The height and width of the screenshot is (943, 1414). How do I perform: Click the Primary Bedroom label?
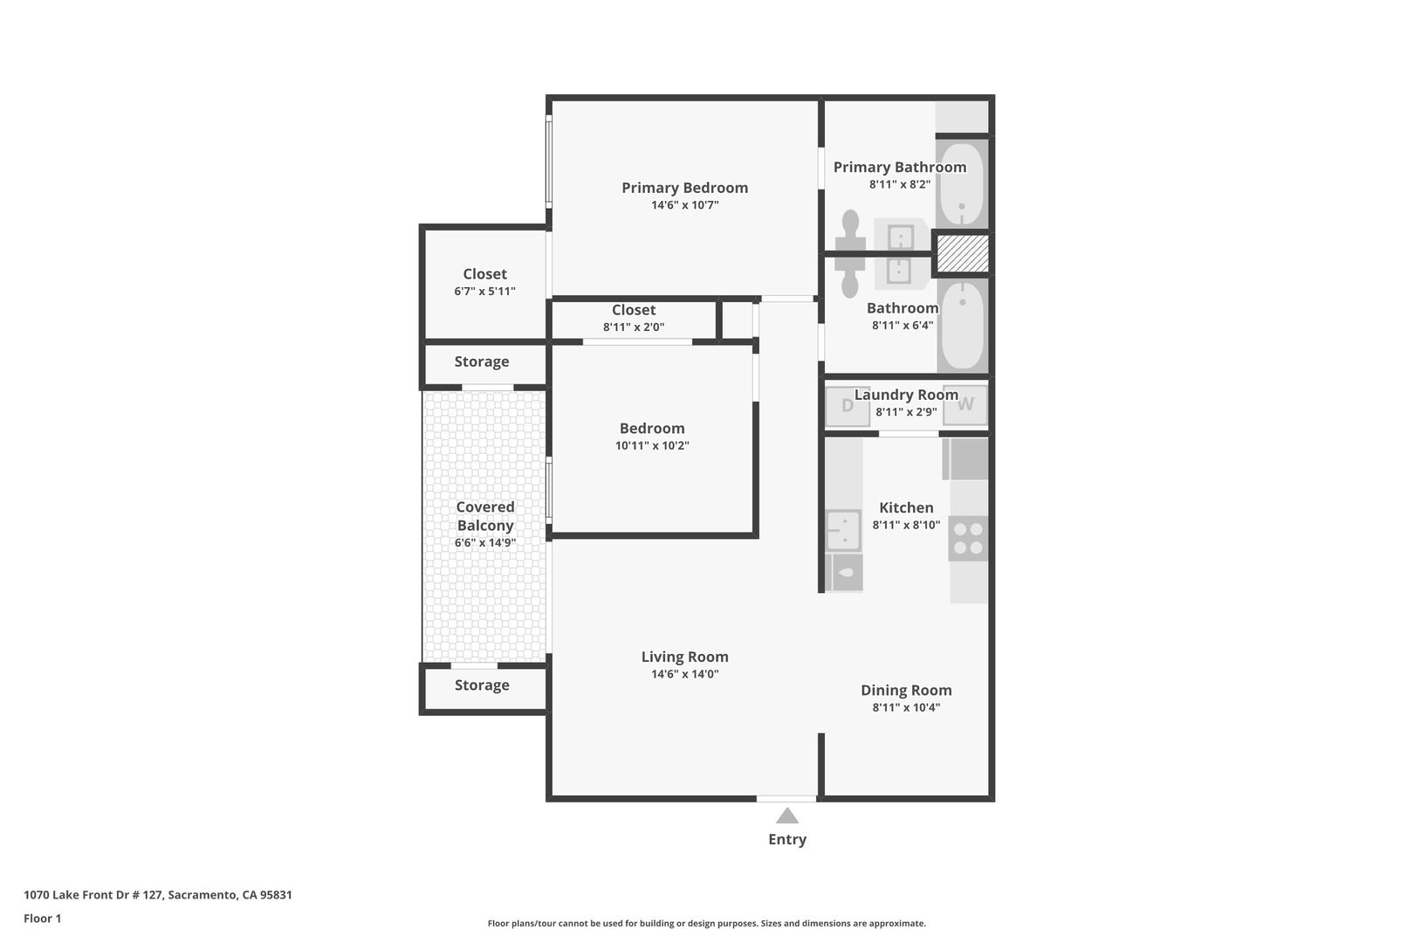coord(685,188)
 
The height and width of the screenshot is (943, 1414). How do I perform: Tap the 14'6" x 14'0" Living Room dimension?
coord(685,674)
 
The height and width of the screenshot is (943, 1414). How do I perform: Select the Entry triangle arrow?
coord(787,816)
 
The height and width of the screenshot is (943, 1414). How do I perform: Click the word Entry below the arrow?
coord(787,839)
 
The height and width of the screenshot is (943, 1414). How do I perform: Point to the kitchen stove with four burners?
coord(968,539)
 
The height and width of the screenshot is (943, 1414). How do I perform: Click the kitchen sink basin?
coord(843,529)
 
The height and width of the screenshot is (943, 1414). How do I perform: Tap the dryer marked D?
coord(848,405)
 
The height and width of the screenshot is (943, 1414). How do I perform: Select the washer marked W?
coord(965,404)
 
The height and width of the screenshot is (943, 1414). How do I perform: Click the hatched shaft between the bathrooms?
coord(962,254)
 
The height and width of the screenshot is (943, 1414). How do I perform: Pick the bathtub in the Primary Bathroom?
coord(962,184)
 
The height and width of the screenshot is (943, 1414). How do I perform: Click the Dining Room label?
coord(907,691)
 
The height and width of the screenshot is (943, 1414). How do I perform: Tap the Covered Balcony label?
coord(484,516)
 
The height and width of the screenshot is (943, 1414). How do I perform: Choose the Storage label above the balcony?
coord(482,361)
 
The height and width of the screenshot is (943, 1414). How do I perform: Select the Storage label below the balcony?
coord(482,685)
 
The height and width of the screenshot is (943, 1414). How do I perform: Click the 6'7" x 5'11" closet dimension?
coord(484,291)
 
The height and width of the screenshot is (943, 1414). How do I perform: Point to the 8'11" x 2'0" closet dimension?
coord(634,327)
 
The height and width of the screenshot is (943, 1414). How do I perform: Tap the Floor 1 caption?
coord(42,919)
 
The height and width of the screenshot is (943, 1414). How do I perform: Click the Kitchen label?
coord(907,508)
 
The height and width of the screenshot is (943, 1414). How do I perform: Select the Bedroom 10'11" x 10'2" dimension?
coord(652,445)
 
